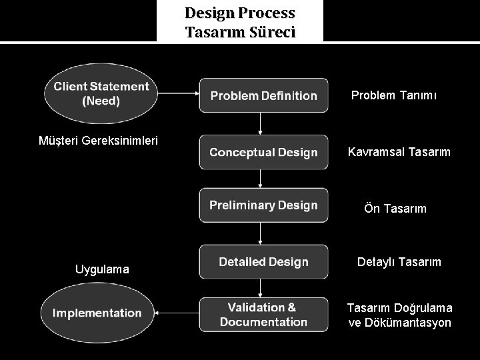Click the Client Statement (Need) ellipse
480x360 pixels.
pos(100,94)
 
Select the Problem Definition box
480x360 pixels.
pos(264,95)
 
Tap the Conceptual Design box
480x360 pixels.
pos(264,152)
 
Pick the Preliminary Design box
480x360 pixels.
pos(264,205)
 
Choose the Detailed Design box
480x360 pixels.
pos(264,262)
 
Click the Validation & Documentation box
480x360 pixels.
pos(264,315)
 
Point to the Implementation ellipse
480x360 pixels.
pos(98,313)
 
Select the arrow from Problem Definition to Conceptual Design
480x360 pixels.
pos(261,123)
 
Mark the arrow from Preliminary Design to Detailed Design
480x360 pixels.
pos(261,233)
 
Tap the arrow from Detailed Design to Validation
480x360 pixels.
pos(261,287)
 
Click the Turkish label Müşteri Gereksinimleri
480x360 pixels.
pos(98,141)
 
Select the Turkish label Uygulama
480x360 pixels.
pos(102,269)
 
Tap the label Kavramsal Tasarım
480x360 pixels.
pos(399,152)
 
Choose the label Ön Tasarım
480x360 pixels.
pos(395,209)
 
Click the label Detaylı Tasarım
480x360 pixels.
pos(399,262)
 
